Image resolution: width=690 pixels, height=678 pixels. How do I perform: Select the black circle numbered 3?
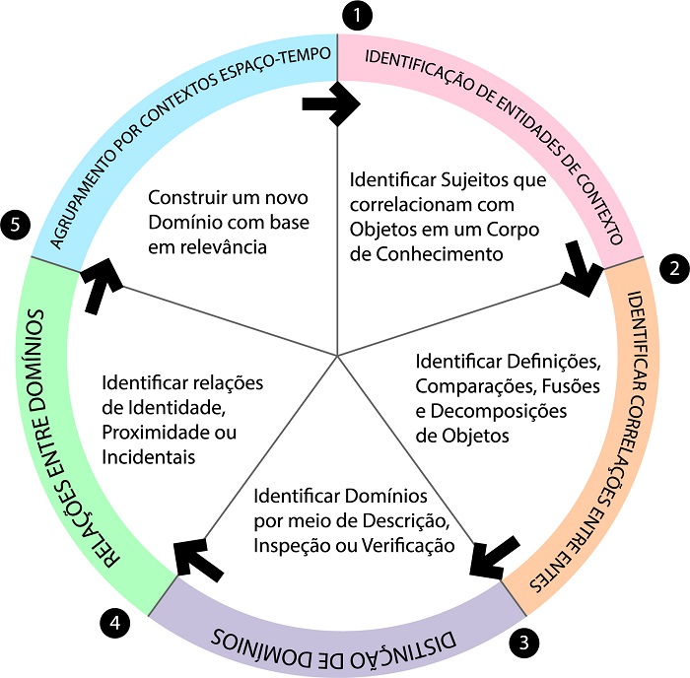click(x=524, y=642)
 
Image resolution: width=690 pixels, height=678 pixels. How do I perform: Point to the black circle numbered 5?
click(x=14, y=225)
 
